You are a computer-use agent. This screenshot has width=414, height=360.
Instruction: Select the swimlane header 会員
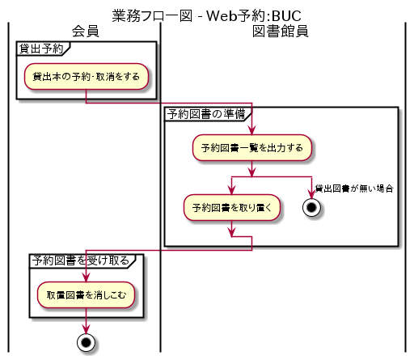tap(85, 32)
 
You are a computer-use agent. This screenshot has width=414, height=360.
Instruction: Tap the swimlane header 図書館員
tap(280, 32)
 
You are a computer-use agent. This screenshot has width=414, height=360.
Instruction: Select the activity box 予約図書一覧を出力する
tap(251, 147)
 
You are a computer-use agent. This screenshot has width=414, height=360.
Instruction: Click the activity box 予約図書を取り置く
tap(232, 206)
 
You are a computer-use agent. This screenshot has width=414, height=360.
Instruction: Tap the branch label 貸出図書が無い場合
tap(354, 188)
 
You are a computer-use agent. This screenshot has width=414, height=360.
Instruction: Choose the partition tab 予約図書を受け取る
tap(84, 260)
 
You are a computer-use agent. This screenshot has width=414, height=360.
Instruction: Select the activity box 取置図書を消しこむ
tap(86, 294)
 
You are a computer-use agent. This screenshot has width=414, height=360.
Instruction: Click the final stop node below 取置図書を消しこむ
tap(86, 341)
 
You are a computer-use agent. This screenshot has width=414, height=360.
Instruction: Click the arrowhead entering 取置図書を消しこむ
tap(86, 277)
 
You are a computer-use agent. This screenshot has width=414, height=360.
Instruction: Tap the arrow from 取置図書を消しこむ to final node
tap(86, 319)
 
